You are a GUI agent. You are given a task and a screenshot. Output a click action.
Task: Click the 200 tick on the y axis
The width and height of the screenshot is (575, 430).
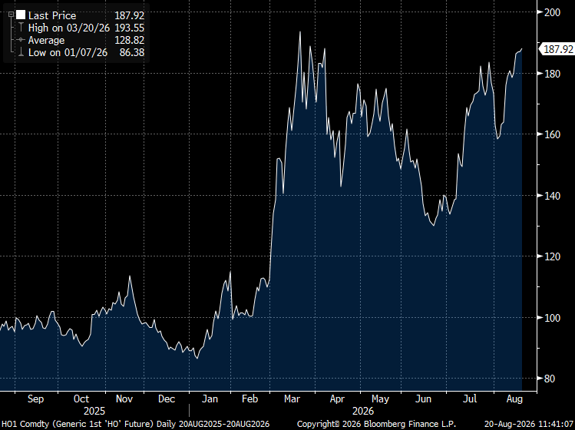click(552, 12)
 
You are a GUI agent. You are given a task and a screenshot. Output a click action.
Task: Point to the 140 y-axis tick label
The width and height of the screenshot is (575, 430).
click(552, 196)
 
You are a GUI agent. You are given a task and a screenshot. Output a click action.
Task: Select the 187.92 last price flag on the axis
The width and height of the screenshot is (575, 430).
click(558, 49)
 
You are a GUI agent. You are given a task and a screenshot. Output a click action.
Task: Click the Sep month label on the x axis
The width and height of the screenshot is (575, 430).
click(35, 399)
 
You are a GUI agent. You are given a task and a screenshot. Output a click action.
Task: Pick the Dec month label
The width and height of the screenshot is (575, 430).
click(167, 399)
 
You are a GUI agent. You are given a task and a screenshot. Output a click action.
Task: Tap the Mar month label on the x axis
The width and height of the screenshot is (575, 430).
click(292, 399)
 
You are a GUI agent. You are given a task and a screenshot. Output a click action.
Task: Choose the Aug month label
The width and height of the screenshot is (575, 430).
click(515, 399)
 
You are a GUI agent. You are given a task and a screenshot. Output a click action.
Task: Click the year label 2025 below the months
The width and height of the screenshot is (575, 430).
click(94, 411)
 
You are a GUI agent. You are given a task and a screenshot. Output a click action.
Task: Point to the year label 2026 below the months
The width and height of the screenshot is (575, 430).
click(362, 411)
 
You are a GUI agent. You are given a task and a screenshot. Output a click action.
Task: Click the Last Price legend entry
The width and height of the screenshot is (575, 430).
click(52, 15)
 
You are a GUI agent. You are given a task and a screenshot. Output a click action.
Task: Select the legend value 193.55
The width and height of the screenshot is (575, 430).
click(130, 28)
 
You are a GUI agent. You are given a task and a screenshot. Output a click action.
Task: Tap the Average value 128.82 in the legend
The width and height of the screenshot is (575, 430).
click(130, 40)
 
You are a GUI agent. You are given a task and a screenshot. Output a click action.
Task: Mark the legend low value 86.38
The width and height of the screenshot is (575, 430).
click(132, 52)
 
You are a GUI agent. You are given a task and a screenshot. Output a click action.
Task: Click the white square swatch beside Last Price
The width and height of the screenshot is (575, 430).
click(21, 15)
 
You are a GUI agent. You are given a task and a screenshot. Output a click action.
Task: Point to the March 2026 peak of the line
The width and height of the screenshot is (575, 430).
click(300, 32)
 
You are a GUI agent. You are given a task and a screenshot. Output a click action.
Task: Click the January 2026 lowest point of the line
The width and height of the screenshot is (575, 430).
click(197, 359)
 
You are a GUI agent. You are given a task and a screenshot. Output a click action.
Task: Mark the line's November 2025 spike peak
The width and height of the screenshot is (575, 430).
click(130, 276)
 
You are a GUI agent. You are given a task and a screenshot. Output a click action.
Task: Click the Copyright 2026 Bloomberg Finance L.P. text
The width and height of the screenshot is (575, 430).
click(376, 424)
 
